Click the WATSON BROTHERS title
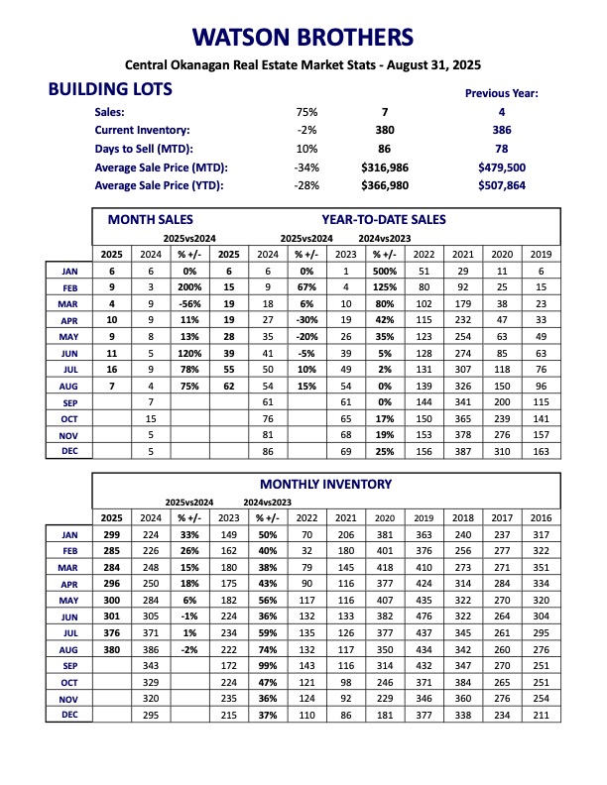(x=303, y=39)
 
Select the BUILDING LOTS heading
(x=110, y=89)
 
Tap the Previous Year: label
(x=502, y=93)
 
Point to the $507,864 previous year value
(x=501, y=185)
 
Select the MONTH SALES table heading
(x=150, y=219)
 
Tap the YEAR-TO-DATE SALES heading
(x=384, y=219)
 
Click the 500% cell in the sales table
(x=385, y=271)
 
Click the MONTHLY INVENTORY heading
(x=325, y=484)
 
